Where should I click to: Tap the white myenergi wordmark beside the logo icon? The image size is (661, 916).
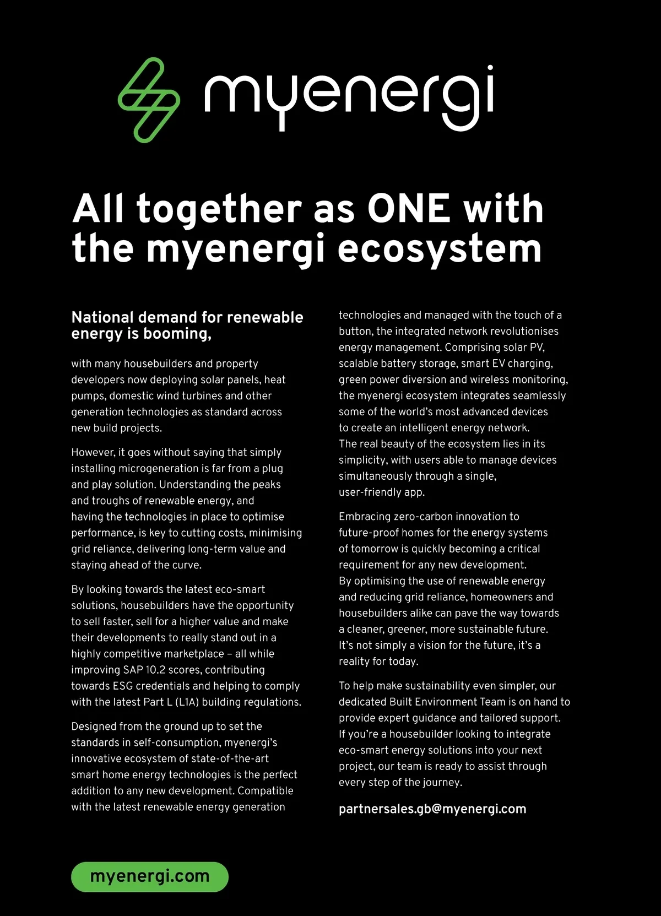click(x=349, y=96)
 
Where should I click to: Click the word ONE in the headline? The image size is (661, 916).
click(x=409, y=209)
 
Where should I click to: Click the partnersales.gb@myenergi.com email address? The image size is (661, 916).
click(x=432, y=809)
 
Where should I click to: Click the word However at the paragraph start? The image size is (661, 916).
click(x=93, y=453)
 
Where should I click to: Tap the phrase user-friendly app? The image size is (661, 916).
click(x=381, y=492)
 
